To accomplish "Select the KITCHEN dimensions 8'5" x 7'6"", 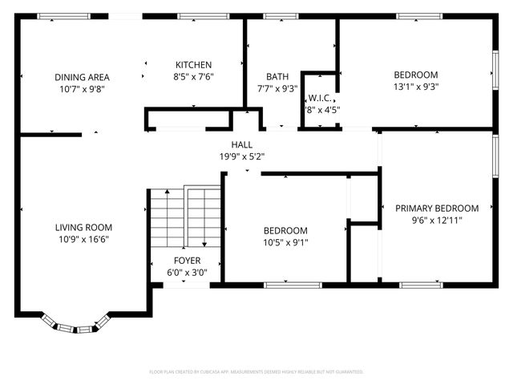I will (193, 77).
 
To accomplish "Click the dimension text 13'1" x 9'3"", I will (415, 87).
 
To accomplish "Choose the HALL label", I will (242, 145).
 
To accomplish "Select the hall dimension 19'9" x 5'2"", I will (242, 156).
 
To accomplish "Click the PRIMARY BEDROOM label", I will (437, 208).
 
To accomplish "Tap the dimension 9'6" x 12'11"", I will (437, 219).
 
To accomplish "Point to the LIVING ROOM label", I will (83, 227).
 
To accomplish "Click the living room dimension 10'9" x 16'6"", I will (83, 238).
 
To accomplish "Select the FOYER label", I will (187, 261).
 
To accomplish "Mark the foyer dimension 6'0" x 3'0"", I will (187, 272).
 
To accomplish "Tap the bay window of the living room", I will (75, 326).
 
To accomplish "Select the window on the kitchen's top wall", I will (193, 16).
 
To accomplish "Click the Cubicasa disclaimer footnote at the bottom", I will (256, 372).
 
